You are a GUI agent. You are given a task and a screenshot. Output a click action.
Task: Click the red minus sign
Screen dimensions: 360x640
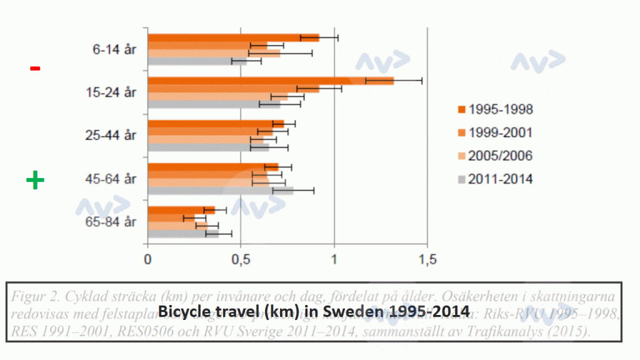coord(35,68)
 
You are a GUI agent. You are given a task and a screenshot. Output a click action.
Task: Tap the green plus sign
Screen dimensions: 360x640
coord(35,181)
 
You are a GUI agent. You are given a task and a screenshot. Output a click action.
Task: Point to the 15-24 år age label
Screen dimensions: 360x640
coord(111,92)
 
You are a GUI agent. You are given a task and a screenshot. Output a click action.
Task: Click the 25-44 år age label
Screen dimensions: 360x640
coord(111,136)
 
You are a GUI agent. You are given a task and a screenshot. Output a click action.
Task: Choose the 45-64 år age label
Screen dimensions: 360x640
coord(111,179)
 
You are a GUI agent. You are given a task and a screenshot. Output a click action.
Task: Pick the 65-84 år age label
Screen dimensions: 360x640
coord(111,222)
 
